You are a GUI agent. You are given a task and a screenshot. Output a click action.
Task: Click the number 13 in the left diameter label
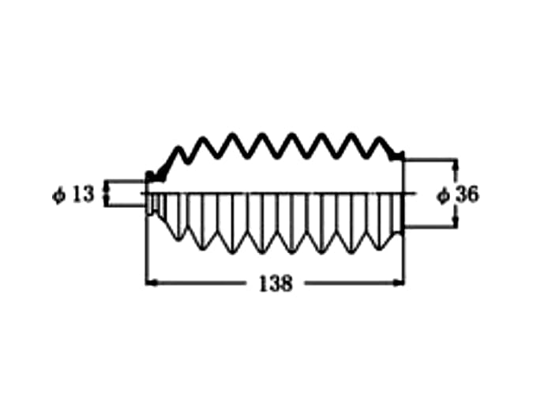[83, 194]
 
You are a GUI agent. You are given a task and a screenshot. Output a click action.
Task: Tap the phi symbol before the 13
[58, 194]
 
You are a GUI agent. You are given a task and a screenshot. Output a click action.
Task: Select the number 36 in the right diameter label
[467, 194]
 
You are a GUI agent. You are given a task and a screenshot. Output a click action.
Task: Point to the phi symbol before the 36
[443, 195]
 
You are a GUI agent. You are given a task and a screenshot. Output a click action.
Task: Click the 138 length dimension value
[276, 283]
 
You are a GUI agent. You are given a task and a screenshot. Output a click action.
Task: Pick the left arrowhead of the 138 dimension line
[152, 283]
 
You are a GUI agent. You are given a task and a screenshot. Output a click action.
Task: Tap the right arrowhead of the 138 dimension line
[399, 283]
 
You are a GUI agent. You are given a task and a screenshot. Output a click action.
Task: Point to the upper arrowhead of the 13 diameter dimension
[106, 187]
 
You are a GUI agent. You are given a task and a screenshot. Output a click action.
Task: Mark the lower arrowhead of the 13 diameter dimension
[106, 201]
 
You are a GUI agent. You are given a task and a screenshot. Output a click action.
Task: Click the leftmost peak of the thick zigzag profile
[178, 149]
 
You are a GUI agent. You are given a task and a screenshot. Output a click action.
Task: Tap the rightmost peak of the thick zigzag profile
[381, 140]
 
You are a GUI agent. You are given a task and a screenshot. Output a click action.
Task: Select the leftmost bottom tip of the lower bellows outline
[178, 239]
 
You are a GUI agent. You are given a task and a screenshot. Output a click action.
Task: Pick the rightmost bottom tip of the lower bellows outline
[381, 248]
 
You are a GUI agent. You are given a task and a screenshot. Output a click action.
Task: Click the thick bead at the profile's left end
[149, 175]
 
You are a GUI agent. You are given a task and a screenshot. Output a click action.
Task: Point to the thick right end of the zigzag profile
[397, 156]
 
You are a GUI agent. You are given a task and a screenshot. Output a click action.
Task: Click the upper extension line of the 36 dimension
[430, 160]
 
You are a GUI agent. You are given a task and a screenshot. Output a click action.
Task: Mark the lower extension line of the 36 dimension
[430, 227]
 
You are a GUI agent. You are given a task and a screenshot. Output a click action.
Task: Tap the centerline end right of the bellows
[415, 193]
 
